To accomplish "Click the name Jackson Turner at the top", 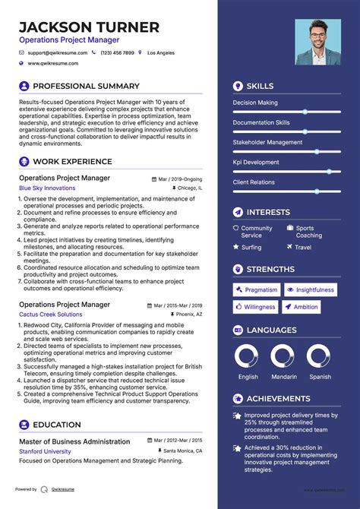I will tap(90, 28).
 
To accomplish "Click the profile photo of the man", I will tap(318, 42).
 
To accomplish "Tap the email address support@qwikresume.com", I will tap(58, 53).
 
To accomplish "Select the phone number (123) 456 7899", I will tap(117, 53).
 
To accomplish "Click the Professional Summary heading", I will tap(86, 87).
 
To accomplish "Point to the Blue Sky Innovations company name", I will tap(47, 188).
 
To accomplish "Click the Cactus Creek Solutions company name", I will tap(51, 314).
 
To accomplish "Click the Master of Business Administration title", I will tap(74, 441).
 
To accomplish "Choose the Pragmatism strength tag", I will tap(257, 289).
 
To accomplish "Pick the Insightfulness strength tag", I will tap(311, 289).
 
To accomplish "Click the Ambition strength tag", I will tap(302, 307).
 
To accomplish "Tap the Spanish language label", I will tap(320, 377).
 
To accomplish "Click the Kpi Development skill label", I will tap(256, 162).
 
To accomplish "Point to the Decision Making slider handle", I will tap(305, 112).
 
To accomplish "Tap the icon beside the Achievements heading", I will tap(238, 398).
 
